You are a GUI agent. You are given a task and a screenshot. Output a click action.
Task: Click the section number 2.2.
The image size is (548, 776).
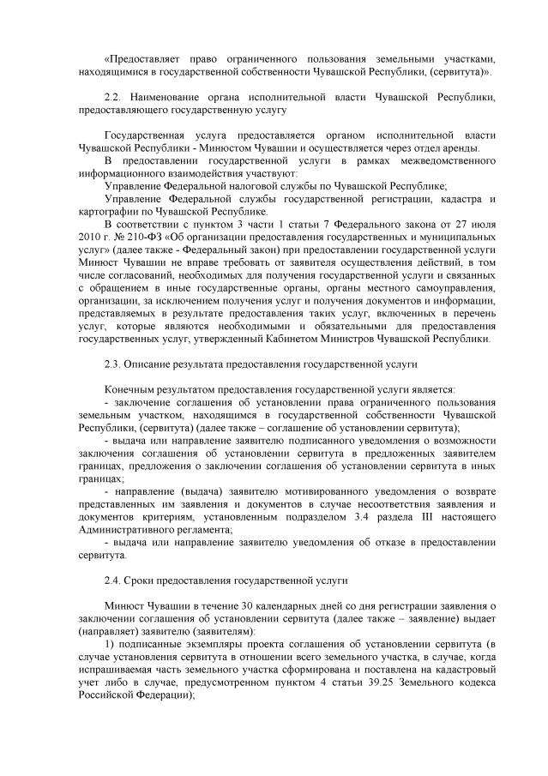pos(110,99)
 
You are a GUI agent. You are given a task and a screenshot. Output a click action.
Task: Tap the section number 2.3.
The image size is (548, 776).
pos(110,364)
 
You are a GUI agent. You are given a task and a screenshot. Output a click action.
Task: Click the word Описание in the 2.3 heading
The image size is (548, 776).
pos(148,364)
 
